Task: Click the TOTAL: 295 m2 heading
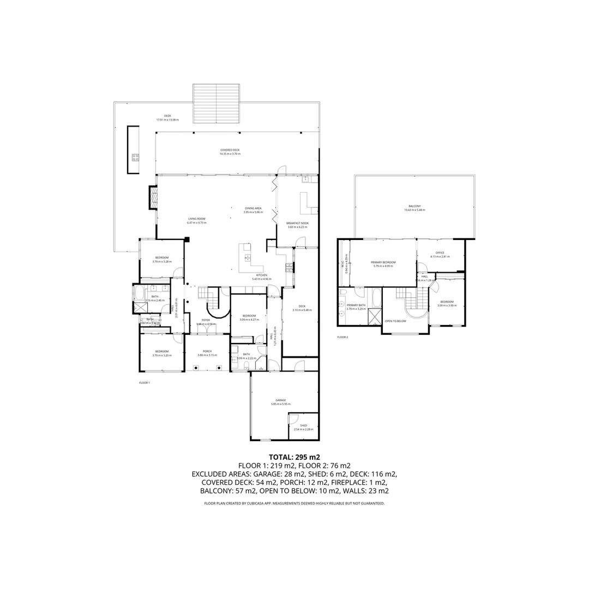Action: coord(294,457)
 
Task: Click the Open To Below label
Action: coord(395,321)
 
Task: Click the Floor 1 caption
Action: coord(144,383)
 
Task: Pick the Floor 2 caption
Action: coord(342,337)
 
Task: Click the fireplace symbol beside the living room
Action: coord(153,198)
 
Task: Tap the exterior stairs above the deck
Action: coord(217,97)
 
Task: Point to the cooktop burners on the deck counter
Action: coord(135,158)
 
